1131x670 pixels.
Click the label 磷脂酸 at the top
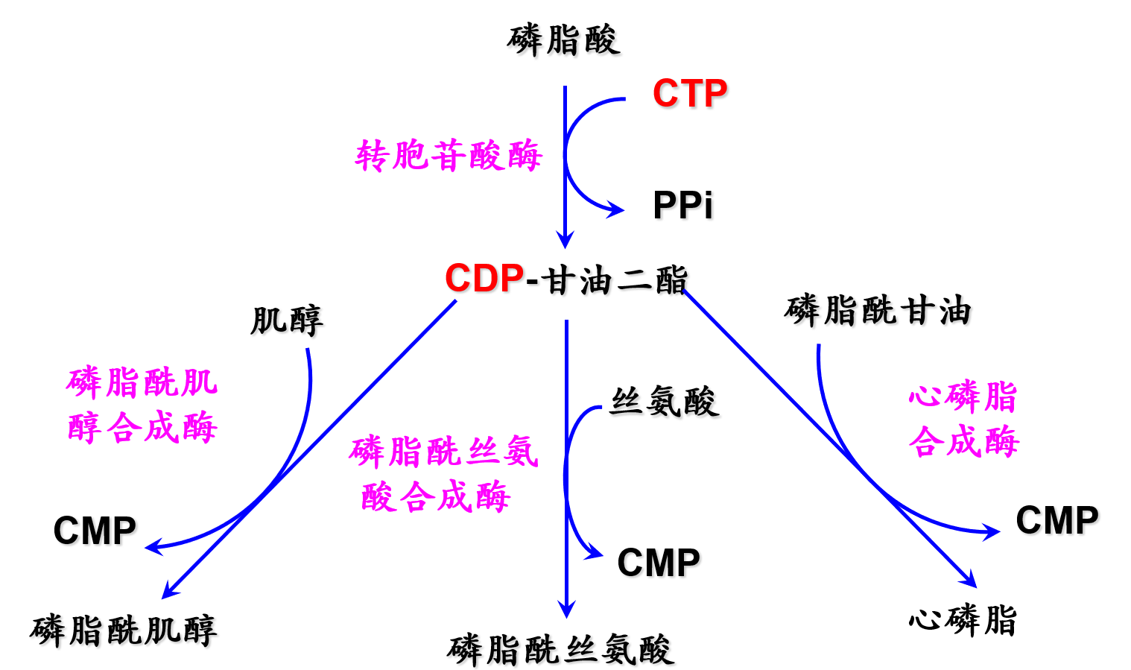pyautogui.click(x=563, y=40)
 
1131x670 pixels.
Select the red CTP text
pyautogui.click(x=689, y=94)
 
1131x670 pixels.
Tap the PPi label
pyautogui.click(x=682, y=206)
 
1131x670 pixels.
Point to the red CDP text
pyautogui.click(x=484, y=279)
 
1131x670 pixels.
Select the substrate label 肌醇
pyautogui.click(x=287, y=321)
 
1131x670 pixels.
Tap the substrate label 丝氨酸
pyautogui.click(x=664, y=402)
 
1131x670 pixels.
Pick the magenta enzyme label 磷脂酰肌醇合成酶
pyautogui.click(x=142, y=405)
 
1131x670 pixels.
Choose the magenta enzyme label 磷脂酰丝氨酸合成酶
pyautogui.click(x=443, y=474)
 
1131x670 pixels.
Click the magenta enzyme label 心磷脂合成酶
pyautogui.click(x=963, y=418)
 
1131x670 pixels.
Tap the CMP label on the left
pyautogui.click(x=95, y=531)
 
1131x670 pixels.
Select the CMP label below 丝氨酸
pyautogui.click(x=659, y=563)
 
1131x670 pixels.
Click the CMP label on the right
pyautogui.click(x=1056, y=520)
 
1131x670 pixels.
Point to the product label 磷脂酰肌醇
pyautogui.click(x=124, y=631)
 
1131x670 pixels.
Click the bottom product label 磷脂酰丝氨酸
pyautogui.click(x=561, y=650)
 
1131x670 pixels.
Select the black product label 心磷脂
pyautogui.click(x=963, y=620)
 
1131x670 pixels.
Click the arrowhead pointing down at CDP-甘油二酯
pyautogui.click(x=565, y=240)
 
